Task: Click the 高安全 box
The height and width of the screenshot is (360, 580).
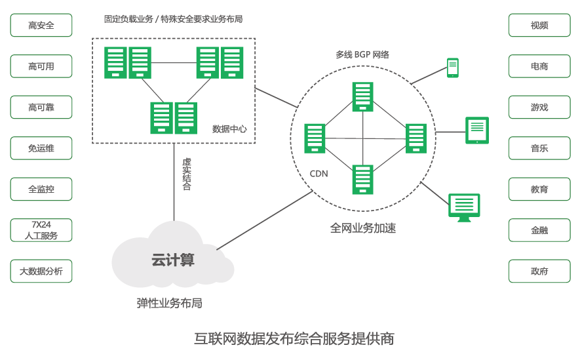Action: tap(41, 26)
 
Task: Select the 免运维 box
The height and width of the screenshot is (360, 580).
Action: tap(41, 148)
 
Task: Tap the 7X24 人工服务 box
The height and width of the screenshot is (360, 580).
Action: tap(41, 230)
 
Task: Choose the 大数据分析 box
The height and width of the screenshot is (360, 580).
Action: tap(41, 271)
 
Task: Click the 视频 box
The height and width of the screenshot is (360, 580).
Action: tap(539, 26)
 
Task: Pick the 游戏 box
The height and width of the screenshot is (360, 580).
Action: tap(539, 108)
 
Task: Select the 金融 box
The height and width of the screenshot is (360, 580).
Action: tap(539, 230)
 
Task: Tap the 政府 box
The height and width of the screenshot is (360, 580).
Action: tap(539, 271)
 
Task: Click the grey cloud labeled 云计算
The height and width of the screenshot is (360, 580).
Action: tap(172, 260)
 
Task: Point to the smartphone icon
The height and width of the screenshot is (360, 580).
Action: tap(452, 68)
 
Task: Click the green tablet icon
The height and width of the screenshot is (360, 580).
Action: tap(477, 130)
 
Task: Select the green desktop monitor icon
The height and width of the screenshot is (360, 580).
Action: tap(464, 207)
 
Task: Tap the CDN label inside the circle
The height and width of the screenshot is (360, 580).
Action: tap(319, 174)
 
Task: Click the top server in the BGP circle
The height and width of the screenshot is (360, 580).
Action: tap(362, 97)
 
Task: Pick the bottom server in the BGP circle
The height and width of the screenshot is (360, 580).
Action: tap(362, 180)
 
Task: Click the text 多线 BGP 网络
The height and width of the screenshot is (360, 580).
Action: tap(362, 55)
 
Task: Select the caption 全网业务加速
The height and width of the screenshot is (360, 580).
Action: tap(362, 228)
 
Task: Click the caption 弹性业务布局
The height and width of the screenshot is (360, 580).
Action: tap(169, 303)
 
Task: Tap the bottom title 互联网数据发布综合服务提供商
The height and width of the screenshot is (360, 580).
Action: tap(294, 339)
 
